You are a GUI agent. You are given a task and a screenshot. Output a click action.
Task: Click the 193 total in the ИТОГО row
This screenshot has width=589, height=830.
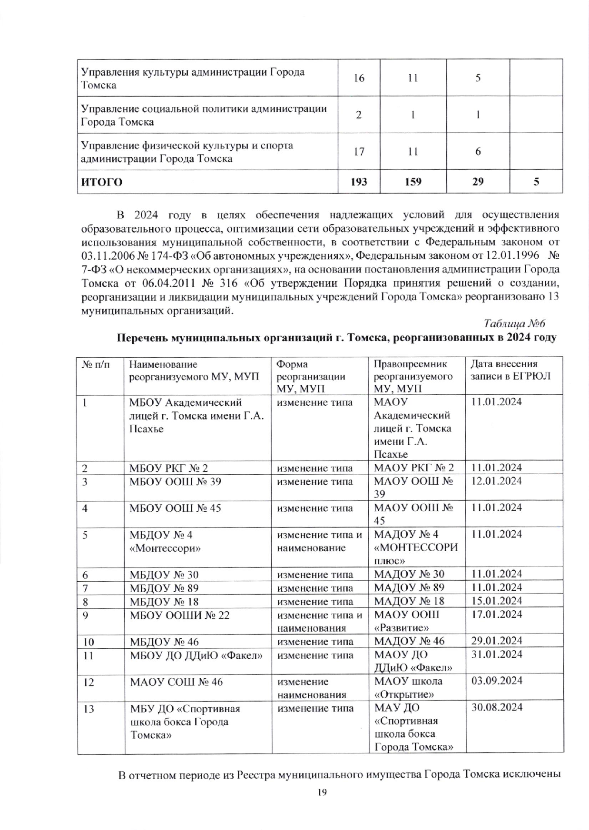pyautogui.click(x=359, y=182)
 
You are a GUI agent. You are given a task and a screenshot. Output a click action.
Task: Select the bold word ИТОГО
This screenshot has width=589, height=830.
pyautogui.click(x=102, y=182)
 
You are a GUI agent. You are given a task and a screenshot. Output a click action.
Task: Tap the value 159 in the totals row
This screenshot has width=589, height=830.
pyautogui.click(x=412, y=182)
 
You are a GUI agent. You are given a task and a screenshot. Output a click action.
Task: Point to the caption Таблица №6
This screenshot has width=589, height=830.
pyautogui.click(x=514, y=324)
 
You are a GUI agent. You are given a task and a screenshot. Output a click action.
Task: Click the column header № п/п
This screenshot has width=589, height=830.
pyautogui.click(x=96, y=364)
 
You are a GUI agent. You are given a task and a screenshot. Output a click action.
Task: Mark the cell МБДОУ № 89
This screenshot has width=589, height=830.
pyautogui.click(x=164, y=587)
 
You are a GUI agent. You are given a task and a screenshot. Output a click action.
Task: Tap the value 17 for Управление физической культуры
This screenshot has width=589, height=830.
pyautogui.click(x=359, y=152)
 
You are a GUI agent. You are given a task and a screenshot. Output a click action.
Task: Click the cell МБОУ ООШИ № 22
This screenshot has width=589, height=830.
pyautogui.click(x=180, y=615)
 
